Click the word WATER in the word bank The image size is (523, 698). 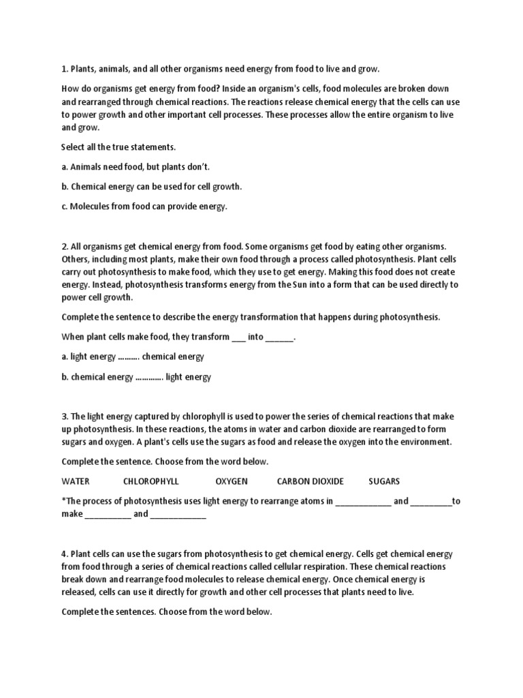tap(76, 481)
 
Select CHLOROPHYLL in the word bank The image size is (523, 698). tap(151, 481)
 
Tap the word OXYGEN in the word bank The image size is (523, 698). tap(232, 481)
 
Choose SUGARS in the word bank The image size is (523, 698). tap(384, 481)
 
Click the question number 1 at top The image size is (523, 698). tap(64, 69)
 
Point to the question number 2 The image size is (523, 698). tap(64, 246)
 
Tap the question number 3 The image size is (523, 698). tap(64, 416)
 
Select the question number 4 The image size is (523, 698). tap(64, 554)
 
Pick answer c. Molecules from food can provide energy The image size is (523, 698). tap(144, 207)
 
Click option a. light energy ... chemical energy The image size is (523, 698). tap(133, 356)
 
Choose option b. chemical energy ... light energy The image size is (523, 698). tap(136, 377)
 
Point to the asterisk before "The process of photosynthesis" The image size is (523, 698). tap(63, 500)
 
